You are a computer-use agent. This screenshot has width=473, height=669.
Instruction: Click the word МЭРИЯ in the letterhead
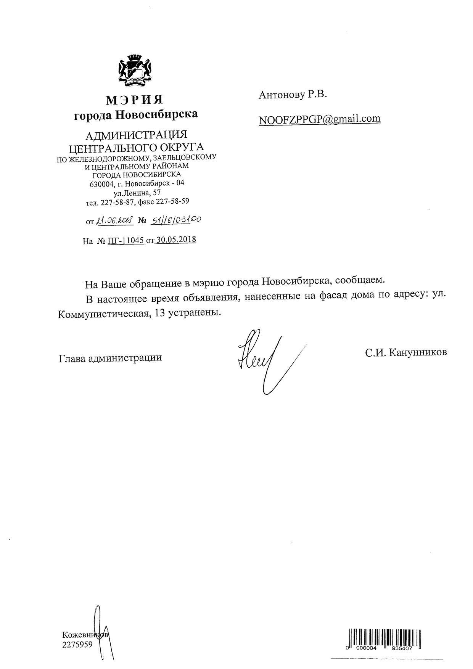(x=135, y=100)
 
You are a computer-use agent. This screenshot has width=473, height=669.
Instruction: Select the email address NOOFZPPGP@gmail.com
(x=319, y=119)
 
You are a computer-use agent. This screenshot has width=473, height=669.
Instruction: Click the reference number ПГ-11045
(x=126, y=241)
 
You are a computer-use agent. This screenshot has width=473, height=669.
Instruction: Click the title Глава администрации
(x=110, y=358)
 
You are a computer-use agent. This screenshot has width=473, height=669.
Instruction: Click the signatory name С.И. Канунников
(x=405, y=352)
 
